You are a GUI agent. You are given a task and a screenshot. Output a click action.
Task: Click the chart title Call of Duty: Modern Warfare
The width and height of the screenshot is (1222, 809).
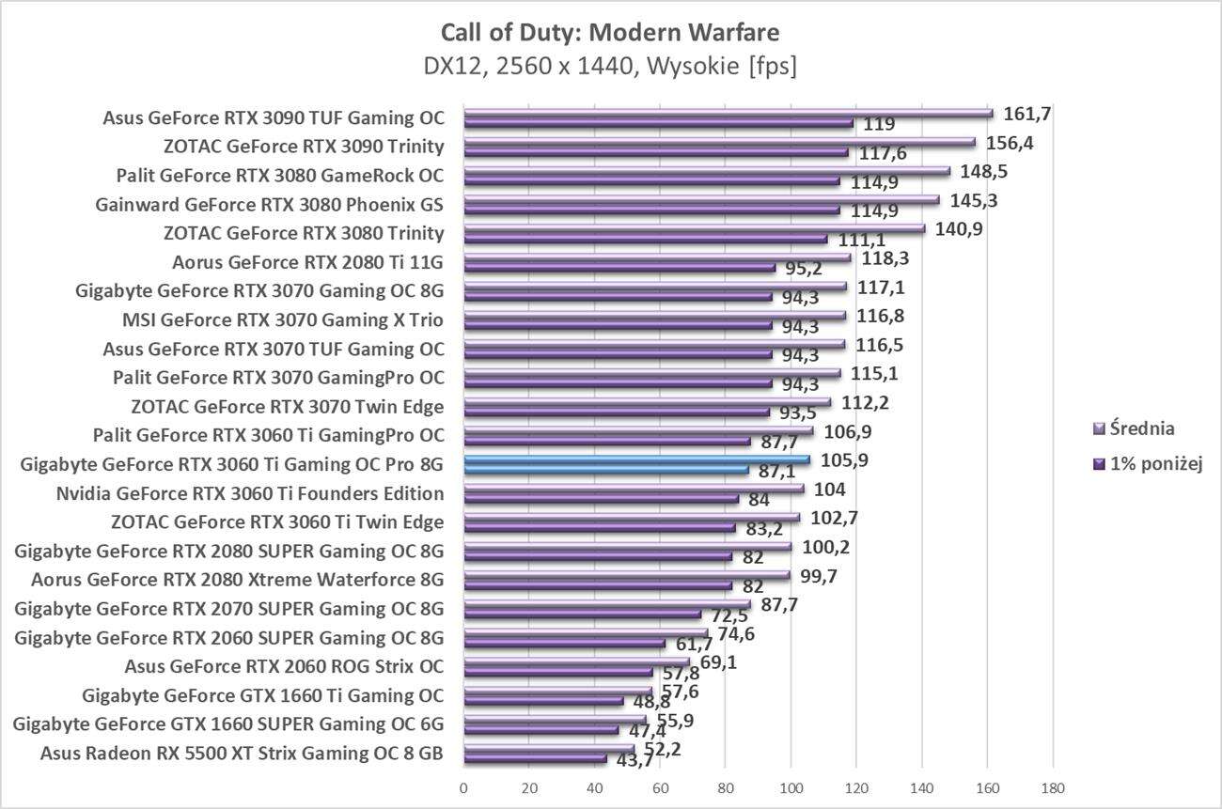point(610,33)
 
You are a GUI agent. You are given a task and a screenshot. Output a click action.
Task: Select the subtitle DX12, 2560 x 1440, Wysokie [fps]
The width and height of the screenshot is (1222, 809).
point(610,68)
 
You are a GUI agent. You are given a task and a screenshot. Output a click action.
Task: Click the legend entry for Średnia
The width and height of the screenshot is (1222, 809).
point(1141,428)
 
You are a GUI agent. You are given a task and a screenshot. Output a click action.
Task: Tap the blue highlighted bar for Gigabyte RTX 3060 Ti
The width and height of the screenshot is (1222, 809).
point(636,459)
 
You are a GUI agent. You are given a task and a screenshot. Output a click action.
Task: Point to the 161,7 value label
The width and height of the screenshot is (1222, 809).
point(1027,114)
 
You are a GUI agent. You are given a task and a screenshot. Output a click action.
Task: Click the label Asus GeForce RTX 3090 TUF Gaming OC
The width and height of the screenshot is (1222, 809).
point(274,118)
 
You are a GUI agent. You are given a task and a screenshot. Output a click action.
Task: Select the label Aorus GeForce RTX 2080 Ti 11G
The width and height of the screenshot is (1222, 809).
point(307,262)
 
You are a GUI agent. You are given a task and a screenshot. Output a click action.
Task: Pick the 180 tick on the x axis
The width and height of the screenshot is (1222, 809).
point(1053,786)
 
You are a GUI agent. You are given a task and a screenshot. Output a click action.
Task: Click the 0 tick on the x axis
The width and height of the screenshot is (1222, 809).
point(463,786)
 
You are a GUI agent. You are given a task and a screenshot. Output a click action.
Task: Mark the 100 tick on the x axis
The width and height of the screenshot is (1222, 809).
point(791,786)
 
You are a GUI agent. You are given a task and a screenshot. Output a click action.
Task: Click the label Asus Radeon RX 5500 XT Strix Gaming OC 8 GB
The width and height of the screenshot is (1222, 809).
point(242,753)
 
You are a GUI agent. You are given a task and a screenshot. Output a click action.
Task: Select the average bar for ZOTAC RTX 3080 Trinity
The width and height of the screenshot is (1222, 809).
point(694,228)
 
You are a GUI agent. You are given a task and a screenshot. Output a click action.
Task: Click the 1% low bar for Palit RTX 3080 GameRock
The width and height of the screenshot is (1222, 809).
point(651,181)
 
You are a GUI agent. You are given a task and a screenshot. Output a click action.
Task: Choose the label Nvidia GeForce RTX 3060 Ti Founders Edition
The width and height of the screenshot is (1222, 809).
point(250,493)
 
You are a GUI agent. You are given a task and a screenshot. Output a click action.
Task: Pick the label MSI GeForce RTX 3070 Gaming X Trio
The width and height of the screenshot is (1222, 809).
point(283,320)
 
